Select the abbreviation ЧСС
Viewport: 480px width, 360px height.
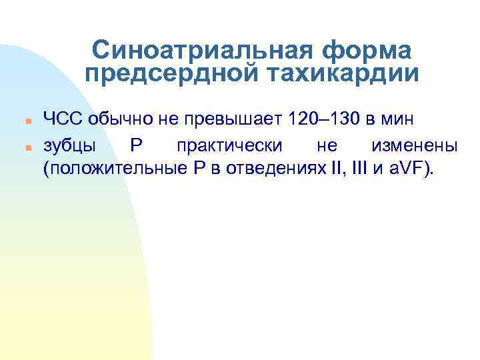62,120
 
